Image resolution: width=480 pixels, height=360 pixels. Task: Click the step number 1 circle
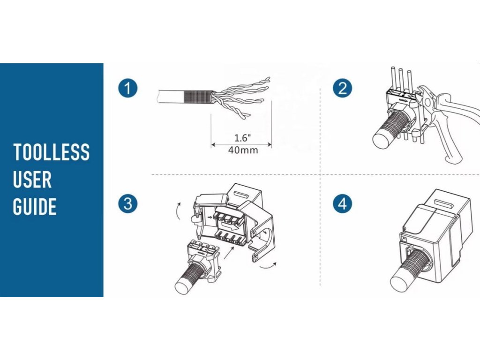(127, 88)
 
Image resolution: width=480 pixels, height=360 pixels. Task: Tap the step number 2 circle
(342, 88)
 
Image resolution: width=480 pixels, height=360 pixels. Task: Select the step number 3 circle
(127, 203)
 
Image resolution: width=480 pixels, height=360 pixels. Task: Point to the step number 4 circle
(342, 203)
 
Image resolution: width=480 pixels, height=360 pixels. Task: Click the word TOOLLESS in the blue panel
(52, 152)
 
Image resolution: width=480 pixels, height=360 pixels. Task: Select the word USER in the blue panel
(32, 180)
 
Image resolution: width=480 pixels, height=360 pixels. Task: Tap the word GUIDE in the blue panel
(35, 207)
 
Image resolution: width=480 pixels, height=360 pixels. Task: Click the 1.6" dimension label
(243, 138)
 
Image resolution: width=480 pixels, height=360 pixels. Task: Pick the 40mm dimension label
(243, 150)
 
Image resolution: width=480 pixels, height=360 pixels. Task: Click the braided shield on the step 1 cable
(198, 97)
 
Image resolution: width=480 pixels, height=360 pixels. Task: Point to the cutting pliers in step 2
(450, 120)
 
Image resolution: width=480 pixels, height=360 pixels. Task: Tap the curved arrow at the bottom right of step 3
(268, 266)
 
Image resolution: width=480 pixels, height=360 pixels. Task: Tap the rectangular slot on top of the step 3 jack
(241, 195)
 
